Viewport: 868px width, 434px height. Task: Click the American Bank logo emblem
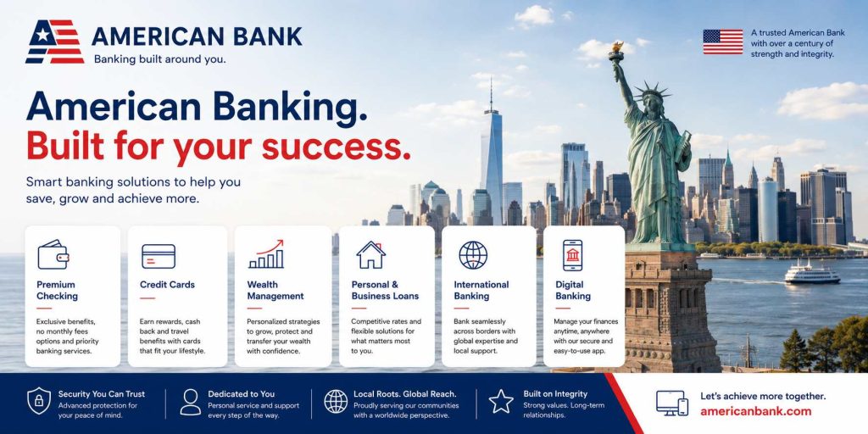point(55,42)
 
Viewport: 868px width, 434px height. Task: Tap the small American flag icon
point(723,42)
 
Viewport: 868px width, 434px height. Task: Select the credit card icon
point(159,256)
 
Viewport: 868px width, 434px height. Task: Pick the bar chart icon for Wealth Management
point(266,254)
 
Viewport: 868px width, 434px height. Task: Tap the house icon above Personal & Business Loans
point(371,254)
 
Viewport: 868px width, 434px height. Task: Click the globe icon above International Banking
point(473,254)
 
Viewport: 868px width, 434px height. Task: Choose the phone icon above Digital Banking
point(572,255)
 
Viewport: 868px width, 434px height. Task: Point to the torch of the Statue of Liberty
point(616,51)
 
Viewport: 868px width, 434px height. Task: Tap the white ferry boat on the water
point(812,274)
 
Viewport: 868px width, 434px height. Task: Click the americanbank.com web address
point(755,411)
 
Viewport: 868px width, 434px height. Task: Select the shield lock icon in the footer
point(39,401)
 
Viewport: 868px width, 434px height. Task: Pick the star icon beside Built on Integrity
point(501,401)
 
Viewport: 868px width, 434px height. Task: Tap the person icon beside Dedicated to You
point(191,402)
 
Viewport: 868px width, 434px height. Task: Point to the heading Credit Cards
point(167,285)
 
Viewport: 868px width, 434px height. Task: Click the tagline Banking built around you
point(160,59)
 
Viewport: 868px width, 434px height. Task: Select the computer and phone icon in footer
point(672,403)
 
